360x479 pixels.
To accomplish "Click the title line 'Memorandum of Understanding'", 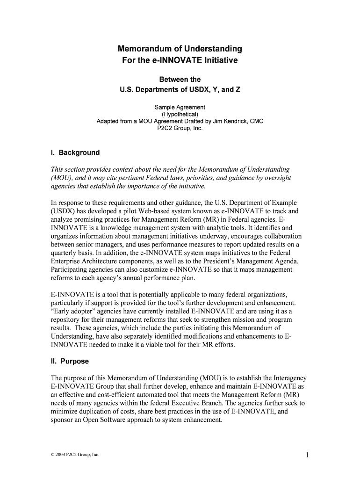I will (x=180, y=49).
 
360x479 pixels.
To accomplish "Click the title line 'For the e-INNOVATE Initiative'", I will (x=180, y=61).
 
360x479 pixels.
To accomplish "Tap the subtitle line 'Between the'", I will (x=180, y=80).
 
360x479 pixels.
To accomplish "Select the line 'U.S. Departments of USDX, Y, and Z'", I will (x=180, y=89).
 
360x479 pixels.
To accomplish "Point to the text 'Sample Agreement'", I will (x=180, y=108).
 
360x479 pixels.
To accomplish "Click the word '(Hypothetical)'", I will (x=180, y=114).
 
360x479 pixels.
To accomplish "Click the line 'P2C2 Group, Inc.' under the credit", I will (x=180, y=128).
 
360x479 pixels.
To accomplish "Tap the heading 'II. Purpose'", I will (x=70, y=361).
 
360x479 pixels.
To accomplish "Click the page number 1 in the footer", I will (x=307, y=455).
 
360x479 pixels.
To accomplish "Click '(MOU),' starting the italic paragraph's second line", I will (x=61, y=177).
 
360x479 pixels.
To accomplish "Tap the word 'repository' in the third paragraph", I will (x=65, y=319).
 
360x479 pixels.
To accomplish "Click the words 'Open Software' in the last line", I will (x=100, y=420).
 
